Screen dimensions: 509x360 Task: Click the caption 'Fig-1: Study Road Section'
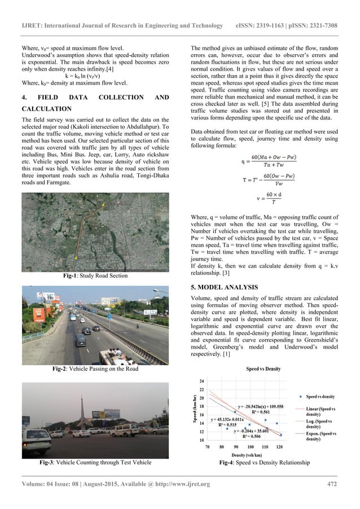95,276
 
